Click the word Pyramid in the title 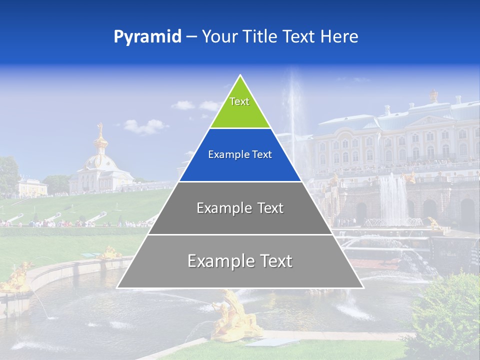coord(147,37)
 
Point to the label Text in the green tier coord(239,101)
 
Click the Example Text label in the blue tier coord(240,155)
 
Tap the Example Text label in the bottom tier coord(240,261)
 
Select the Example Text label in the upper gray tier coord(240,208)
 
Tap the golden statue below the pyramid coord(235,315)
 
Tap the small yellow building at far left coord(32,187)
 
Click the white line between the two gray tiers coord(240,234)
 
